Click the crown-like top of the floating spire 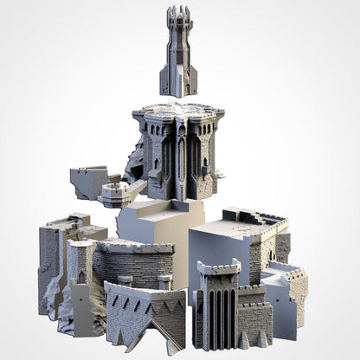click(x=179, y=15)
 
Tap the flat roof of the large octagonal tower click(x=177, y=112)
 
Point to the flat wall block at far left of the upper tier click(x=87, y=182)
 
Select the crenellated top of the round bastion click(x=134, y=247)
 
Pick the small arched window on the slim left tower click(x=81, y=277)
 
